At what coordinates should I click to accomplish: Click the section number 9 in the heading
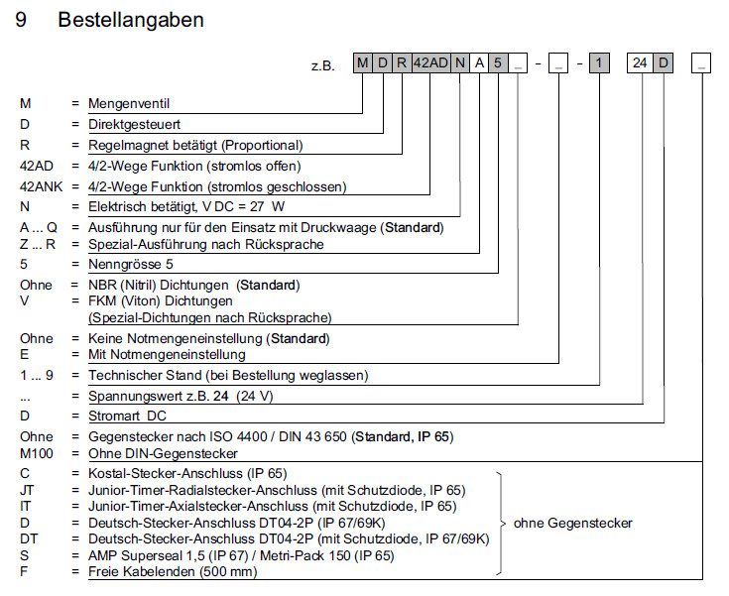pos(21,20)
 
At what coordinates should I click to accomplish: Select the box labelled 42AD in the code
pos(429,64)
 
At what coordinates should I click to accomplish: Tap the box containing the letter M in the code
pos(363,64)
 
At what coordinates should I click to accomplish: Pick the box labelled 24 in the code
pos(641,64)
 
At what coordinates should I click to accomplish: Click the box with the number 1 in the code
pos(600,64)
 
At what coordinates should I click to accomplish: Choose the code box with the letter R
pos(401,64)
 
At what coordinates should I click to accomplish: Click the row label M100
pos(37,452)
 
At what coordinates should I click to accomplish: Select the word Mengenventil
pos(128,104)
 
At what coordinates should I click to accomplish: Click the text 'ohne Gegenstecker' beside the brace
pos(572,523)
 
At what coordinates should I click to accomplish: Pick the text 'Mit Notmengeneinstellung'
pos(166,354)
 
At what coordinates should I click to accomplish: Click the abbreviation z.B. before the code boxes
pos(322,65)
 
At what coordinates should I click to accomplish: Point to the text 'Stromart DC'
pos(129,417)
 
